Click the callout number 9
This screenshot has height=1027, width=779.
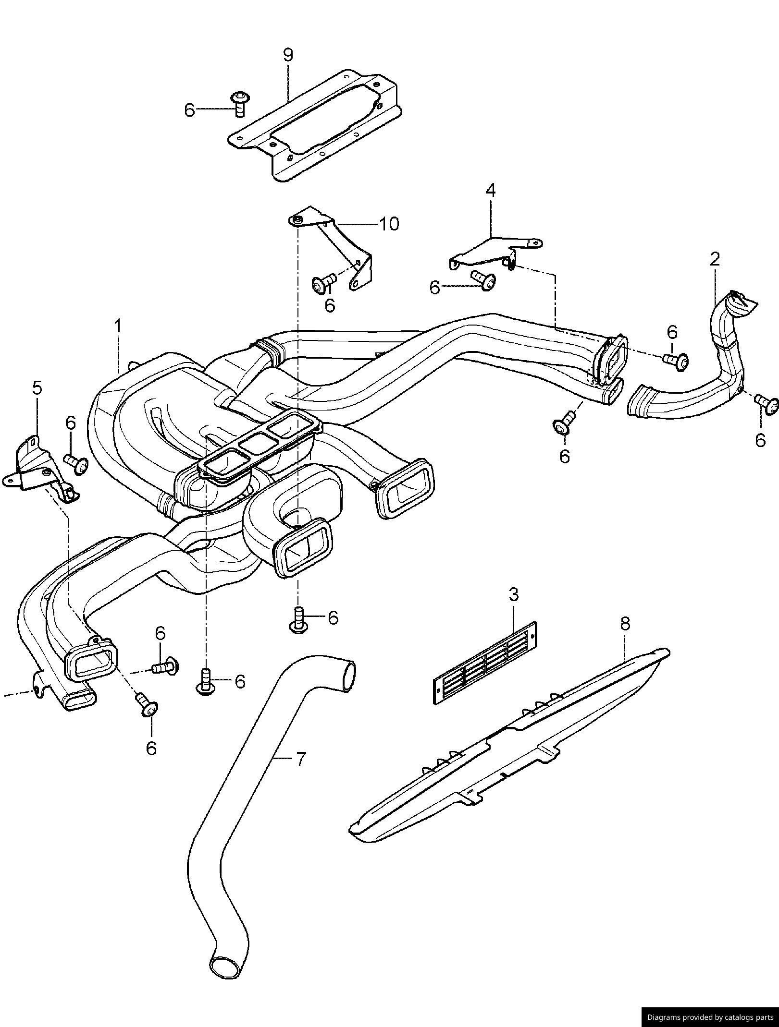click(x=287, y=55)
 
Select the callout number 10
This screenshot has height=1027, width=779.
click(x=389, y=224)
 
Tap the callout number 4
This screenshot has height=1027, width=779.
click(x=490, y=191)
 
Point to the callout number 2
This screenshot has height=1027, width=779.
click(x=715, y=260)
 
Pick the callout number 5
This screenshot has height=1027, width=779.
click(x=37, y=388)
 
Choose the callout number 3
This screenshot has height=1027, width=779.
click(x=514, y=594)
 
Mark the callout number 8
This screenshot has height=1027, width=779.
click(x=625, y=624)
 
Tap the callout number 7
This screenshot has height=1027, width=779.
click(x=299, y=759)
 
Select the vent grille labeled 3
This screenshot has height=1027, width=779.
click(x=485, y=663)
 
